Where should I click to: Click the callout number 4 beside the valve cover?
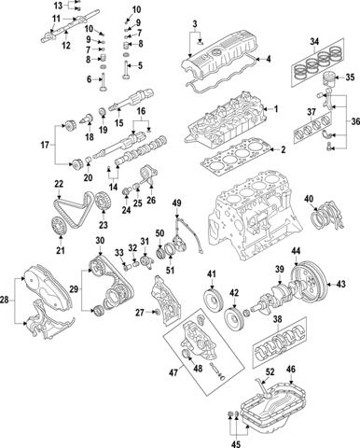click(270, 61)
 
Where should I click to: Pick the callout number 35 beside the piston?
click(351, 77)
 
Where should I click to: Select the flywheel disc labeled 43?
click(313, 285)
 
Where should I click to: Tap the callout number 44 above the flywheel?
click(295, 253)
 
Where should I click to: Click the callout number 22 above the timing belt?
click(58, 183)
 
